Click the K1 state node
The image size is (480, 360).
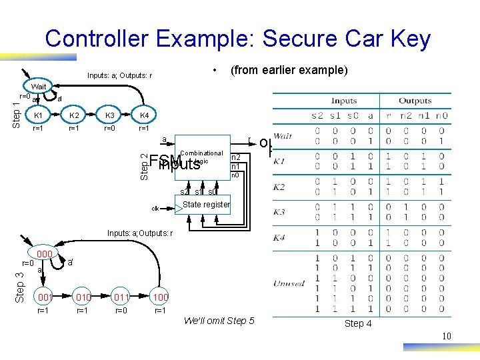pyautogui.click(x=39, y=116)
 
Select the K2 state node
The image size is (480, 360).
pyautogui.click(x=75, y=116)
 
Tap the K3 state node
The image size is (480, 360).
pyautogui.click(x=110, y=116)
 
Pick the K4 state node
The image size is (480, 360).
pyautogui.click(x=144, y=116)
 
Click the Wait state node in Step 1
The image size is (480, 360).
pyautogui.click(x=39, y=87)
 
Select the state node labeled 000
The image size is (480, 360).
pyautogui.click(x=45, y=254)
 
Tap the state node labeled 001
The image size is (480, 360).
pyautogui.click(x=45, y=296)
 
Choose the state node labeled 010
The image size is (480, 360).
pyautogui.click(x=83, y=296)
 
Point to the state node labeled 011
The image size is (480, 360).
pyautogui.click(x=120, y=296)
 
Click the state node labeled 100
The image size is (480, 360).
pyautogui.click(x=160, y=296)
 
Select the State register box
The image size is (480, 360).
pyautogui.click(x=205, y=205)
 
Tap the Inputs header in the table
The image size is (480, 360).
pyautogui.click(x=344, y=101)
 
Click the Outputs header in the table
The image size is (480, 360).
pyautogui.click(x=415, y=101)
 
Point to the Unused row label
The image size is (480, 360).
pyautogui.click(x=289, y=283)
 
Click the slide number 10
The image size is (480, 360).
pyautogui.click(x=447, y=336)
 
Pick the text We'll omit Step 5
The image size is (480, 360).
pyautogui.click(x=219, y=321)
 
